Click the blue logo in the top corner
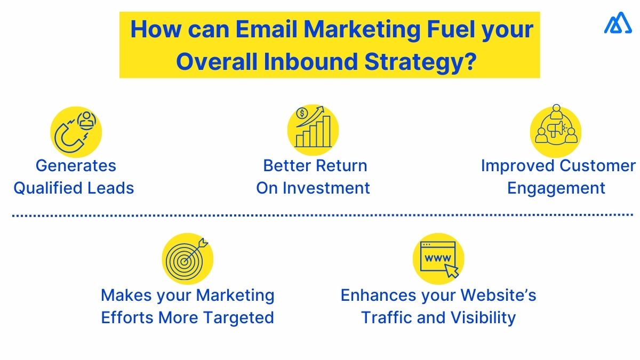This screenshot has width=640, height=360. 618,23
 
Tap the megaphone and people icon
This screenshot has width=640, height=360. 556,130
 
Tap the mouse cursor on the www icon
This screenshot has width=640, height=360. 452,271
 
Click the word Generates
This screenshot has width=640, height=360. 76,166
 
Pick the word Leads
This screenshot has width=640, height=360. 112,188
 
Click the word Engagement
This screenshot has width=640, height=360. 556,188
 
